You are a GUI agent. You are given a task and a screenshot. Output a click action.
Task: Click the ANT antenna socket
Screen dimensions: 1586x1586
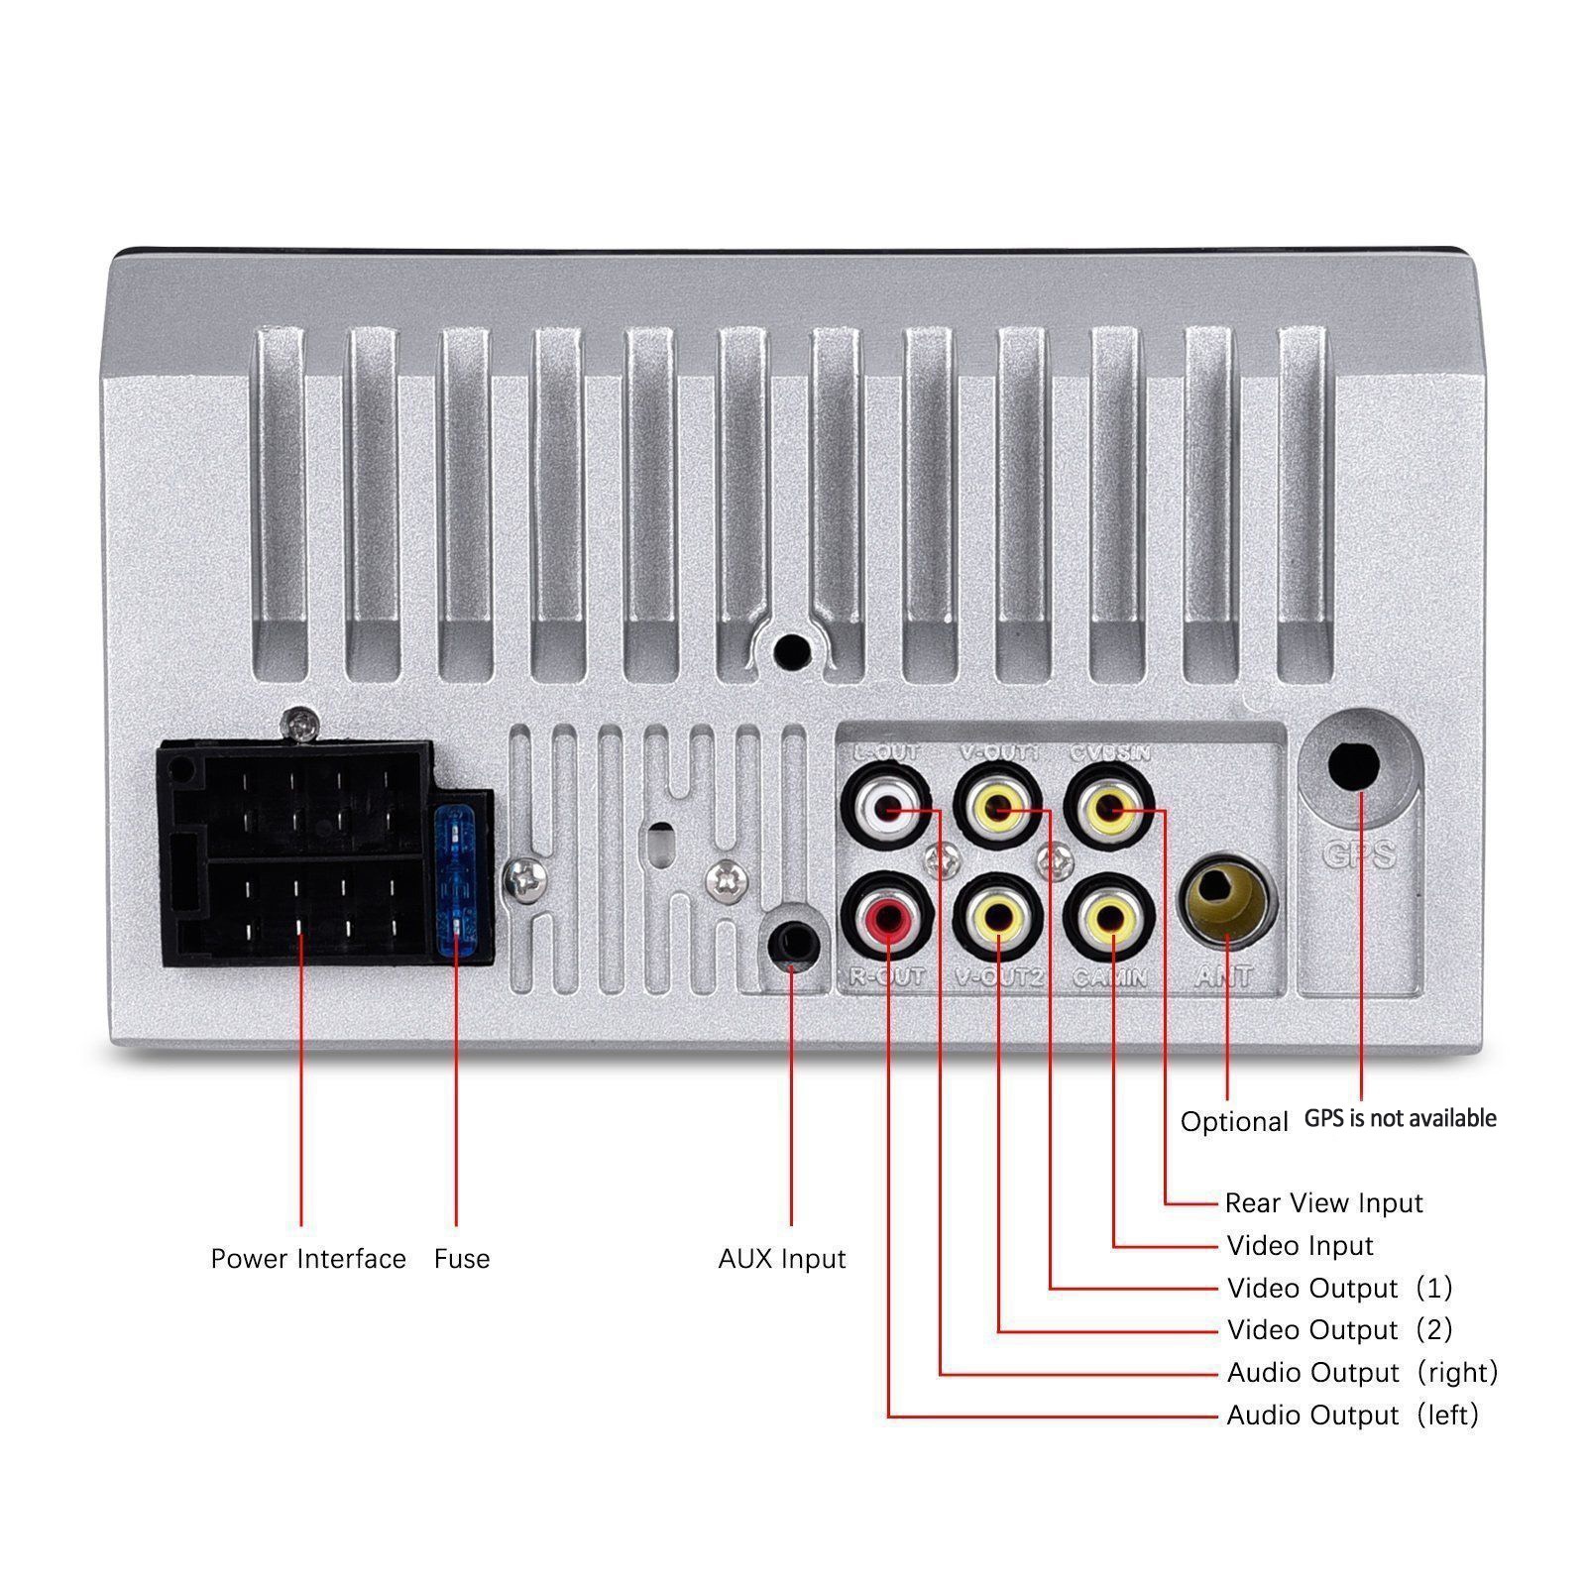pos(1227,900)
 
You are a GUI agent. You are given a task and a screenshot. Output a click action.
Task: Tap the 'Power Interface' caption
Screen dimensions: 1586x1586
pos(308,1259)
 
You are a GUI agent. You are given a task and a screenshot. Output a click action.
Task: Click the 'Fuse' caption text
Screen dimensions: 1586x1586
pos(462,1259)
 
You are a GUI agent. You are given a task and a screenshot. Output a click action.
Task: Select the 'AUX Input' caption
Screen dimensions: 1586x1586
pos(782,1259)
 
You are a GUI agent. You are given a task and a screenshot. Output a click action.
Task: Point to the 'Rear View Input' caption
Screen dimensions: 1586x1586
pos(1323,1203)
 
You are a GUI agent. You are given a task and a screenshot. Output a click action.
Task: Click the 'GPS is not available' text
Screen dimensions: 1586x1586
pos(1400,1119)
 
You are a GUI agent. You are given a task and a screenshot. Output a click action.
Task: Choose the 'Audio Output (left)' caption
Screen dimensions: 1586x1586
pos(1352,1415)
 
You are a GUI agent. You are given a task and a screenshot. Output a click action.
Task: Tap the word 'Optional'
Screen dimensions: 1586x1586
pos(1234,1122)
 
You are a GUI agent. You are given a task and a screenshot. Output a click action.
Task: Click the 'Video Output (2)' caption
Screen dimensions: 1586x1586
pos(1339,1329)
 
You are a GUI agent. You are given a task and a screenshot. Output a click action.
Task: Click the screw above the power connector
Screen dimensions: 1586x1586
pos(300,725)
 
